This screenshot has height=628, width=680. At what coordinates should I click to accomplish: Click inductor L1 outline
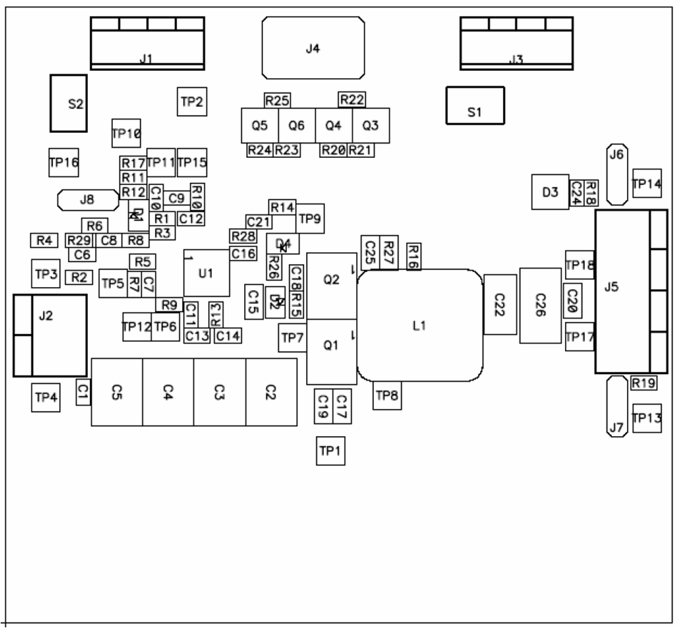420,325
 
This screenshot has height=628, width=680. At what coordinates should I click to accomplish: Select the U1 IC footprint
206,273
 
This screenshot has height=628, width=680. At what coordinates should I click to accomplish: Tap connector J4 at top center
313,48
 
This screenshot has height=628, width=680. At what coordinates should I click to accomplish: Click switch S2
68,103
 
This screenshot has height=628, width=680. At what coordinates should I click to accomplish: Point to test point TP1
330,450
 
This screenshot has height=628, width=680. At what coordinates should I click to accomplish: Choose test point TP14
646,184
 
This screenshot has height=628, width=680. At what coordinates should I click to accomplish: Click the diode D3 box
550,193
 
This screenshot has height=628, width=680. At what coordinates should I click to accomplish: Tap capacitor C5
117,392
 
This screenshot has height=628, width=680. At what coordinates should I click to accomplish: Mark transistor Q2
331,279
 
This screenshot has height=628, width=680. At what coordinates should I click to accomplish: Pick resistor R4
44,240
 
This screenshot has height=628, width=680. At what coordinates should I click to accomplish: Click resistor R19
643,383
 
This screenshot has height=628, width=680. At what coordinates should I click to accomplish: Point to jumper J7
617,407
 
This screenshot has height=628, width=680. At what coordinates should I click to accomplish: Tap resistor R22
352,99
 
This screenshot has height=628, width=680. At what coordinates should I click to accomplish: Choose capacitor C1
83,391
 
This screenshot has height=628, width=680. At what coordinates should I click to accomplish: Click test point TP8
387,395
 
